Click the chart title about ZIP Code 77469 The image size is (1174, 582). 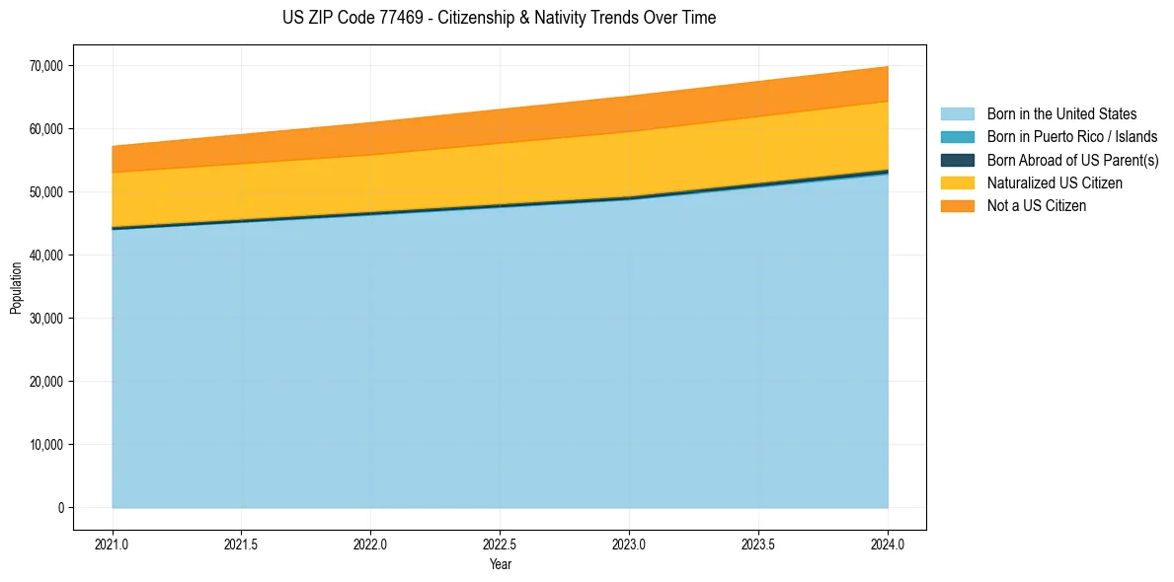(x=499, y=18)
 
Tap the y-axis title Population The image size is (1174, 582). (x=16, y=288)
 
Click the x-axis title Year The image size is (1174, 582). (x=500, y=564)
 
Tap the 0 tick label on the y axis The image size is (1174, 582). (x=60, y=508)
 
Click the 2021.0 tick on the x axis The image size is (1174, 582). (x=112, y=544)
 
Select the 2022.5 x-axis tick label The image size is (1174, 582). (x=500, y=544)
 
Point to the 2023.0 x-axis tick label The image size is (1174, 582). (x=629, y=544)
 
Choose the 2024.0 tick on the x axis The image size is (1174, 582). (x=888, y=544)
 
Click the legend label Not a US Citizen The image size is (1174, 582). (x=1037, y=205)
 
